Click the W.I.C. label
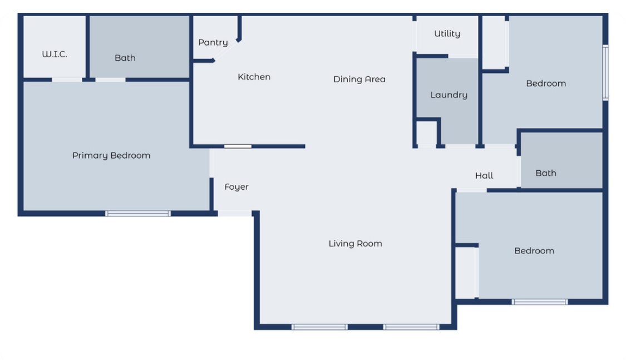(x=55, y=54)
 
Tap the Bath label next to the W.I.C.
(x=125, y=58)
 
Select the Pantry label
(x=213, y=42)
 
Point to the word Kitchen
(x=254, y=77)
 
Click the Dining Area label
(x=359, y=79)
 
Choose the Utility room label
(x=447, y=34)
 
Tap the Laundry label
(x=448, y=95)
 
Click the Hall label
(x=484, y=176)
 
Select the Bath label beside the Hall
(x=545, y=173)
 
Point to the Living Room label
(x=355, y=244)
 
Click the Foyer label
(x=236, y=187)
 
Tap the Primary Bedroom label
(x=111, y=156)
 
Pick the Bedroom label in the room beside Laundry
(x=545, y=83)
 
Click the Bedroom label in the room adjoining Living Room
(x=534, y=251)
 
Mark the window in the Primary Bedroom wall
(x=137, y=213)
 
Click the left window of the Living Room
(x=319, y=327)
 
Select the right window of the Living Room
(x=411, y=327)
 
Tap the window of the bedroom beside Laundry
(x=605, y=72)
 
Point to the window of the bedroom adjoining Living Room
(x=539, y=302)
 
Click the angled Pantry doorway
(x=226, y=50)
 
